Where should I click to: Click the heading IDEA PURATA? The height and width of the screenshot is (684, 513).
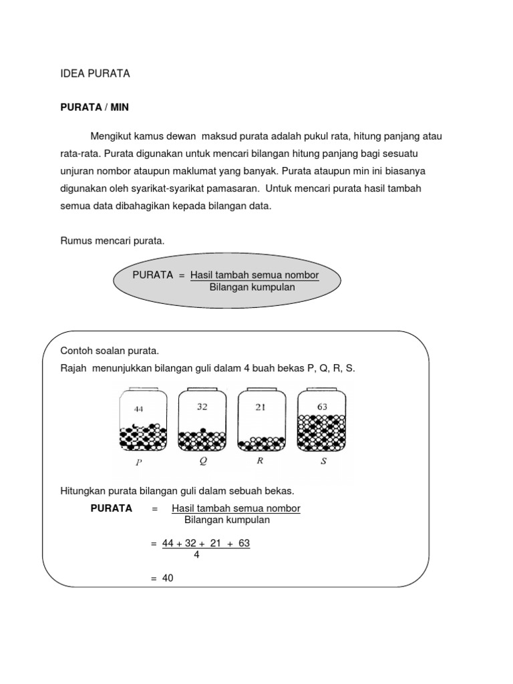click(x=95, y=74)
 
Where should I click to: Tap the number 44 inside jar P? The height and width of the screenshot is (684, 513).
click(x=139, y=408)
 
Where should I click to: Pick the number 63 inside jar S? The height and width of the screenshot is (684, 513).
click(x=322, y=405)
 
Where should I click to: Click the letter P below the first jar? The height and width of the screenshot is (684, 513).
click(x=139, y=462)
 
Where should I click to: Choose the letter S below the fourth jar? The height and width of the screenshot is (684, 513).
click(x=323, y=461)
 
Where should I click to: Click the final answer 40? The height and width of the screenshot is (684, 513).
click(x=167, y=578)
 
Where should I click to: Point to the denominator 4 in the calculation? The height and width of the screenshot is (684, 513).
click(x=196, y=554)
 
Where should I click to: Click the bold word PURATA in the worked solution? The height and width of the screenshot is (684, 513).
click(x=111, y=508)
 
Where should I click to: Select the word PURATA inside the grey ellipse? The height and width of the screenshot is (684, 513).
click(x=153, y=275)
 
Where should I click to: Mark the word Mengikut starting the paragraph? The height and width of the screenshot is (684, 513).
click(x=112, y=136)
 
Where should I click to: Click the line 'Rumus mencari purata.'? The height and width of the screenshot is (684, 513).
click(x=112, y=240)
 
